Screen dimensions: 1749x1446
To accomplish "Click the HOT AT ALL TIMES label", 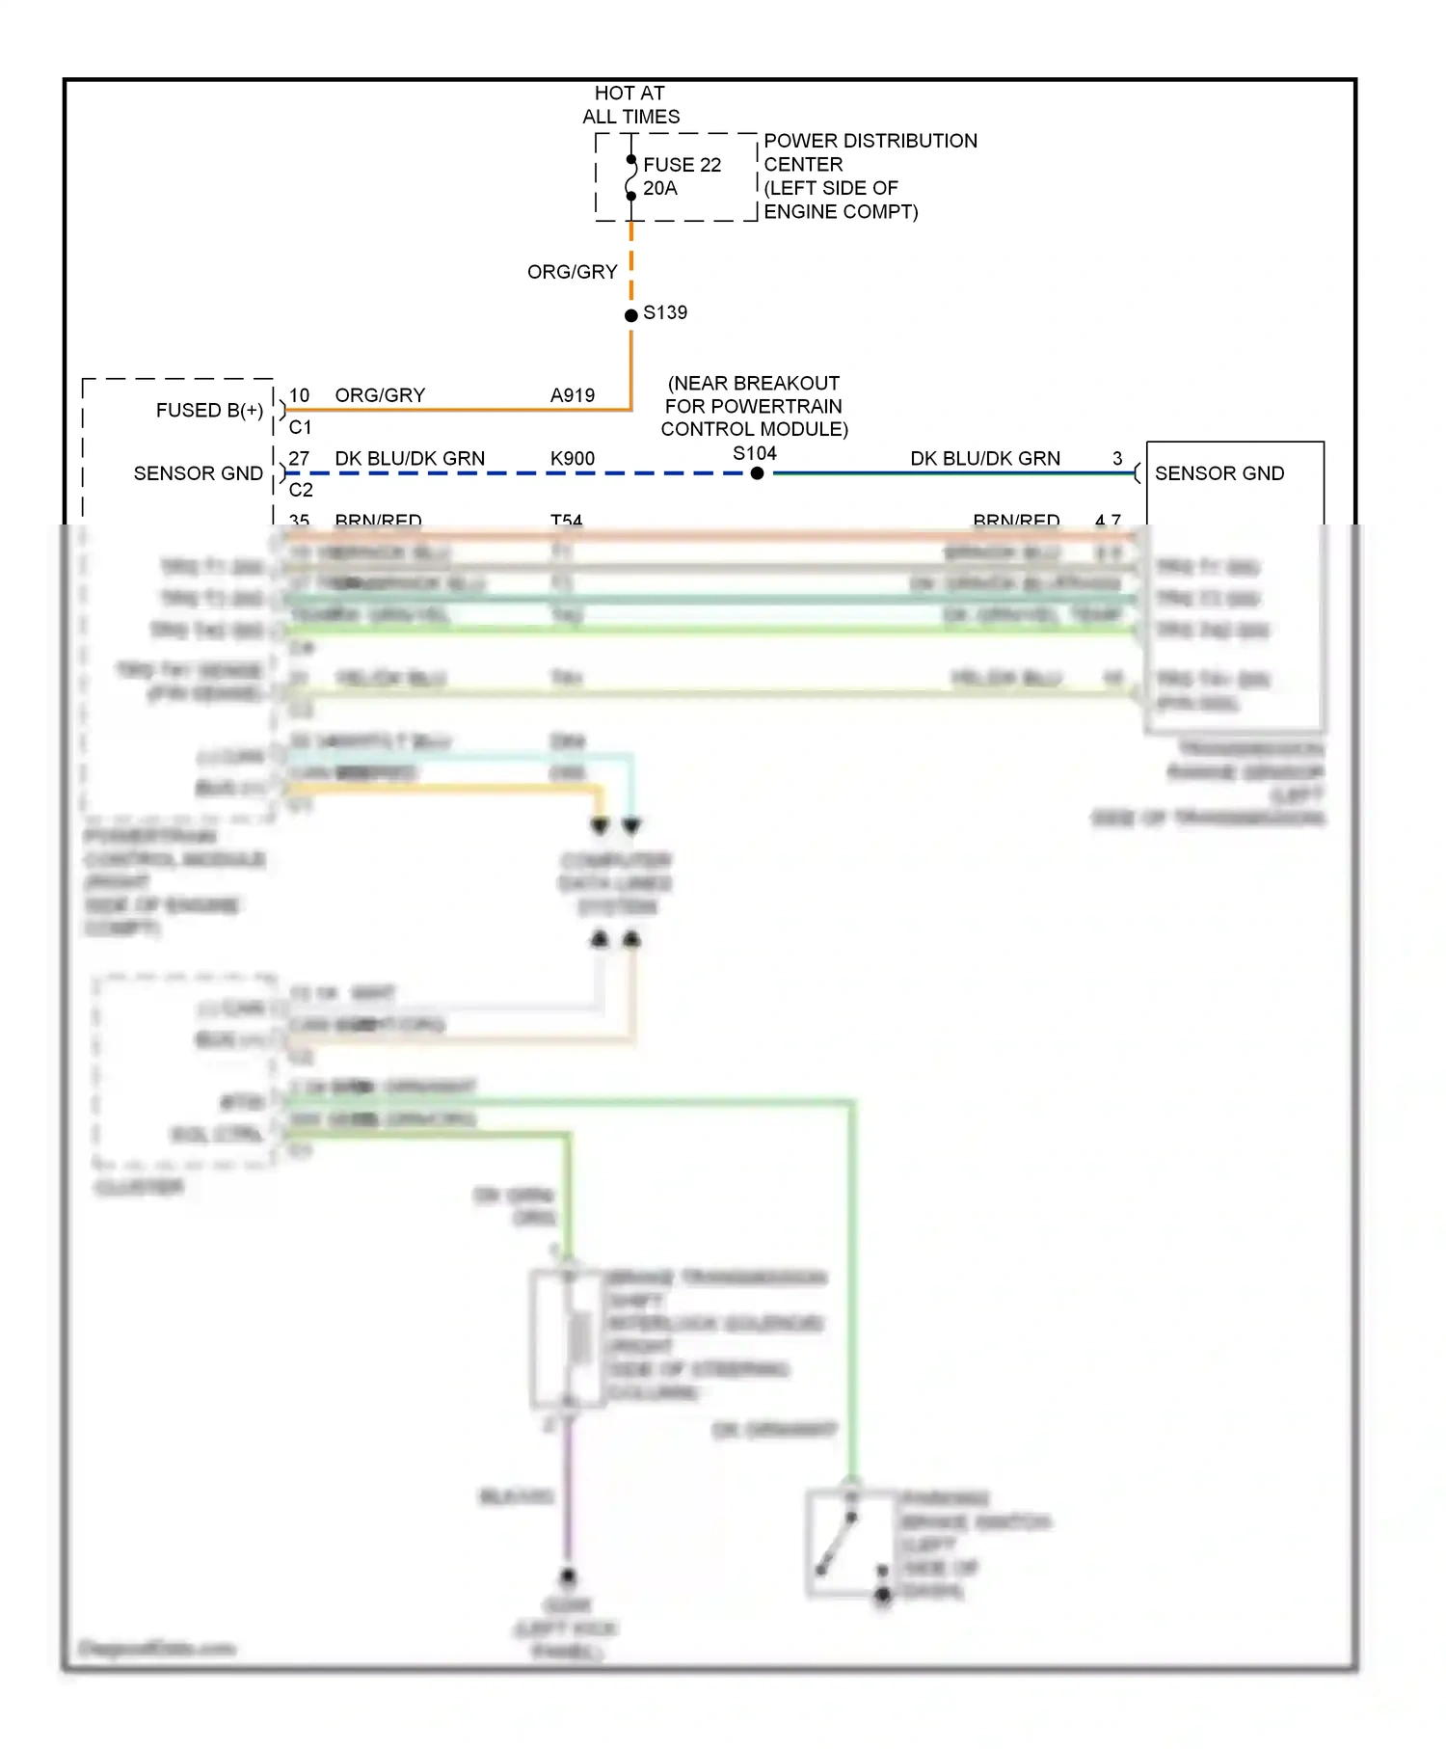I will pos(630,105).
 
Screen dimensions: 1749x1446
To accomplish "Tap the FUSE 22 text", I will pos(682,165).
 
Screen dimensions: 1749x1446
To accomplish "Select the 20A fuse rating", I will pos(660,189).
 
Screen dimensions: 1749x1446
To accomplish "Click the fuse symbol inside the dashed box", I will pos(630,177).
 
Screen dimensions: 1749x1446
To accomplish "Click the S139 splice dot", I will pos(631,315).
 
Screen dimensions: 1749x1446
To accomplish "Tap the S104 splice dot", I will pos(757,473).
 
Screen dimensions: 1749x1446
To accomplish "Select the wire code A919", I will pos(573,395).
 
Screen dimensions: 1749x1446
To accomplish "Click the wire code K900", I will pos(573,459).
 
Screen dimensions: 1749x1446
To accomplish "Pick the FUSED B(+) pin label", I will pos(209,411).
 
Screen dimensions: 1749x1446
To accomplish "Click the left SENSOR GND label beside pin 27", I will pos(198,473).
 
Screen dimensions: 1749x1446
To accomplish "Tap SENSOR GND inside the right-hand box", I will pos(1219,473).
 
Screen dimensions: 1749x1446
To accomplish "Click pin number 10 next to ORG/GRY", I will pos(299,395).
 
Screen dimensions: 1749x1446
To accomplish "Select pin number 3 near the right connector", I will pos(1117,459).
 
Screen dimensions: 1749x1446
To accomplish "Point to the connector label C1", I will pos(300,427).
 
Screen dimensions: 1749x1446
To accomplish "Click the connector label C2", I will pos(301,490).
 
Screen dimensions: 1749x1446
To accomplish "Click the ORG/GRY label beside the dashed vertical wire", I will pos(572,273).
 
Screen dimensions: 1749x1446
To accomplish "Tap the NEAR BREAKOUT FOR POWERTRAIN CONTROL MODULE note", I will pos(754,406).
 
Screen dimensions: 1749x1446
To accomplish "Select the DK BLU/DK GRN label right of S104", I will pos(984,459).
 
